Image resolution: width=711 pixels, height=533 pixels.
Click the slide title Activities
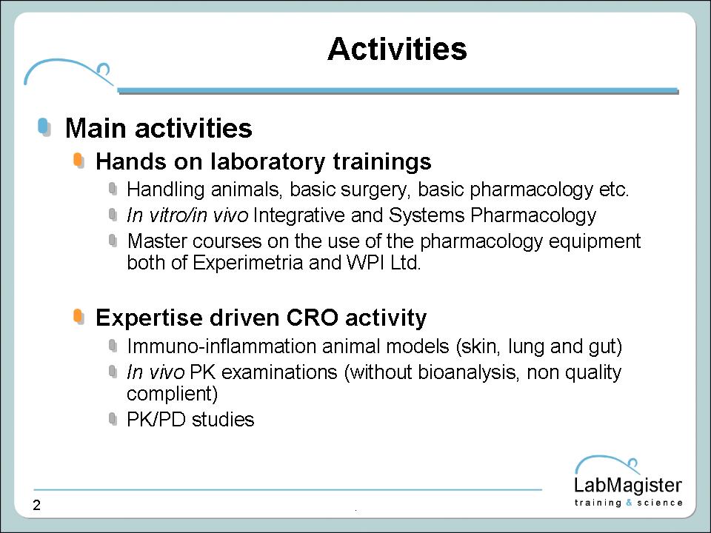click(397, 49)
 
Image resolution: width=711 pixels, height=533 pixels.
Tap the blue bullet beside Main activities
click(44, 127)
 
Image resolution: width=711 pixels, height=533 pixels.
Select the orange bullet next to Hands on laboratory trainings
click(79, 161)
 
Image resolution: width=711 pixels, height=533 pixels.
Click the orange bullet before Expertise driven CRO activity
click(79, 316)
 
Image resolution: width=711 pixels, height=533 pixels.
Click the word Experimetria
click(247, 262)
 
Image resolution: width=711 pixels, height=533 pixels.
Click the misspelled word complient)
click(173, 394)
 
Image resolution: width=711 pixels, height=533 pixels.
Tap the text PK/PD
click(156, 419)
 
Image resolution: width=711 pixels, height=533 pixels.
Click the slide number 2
click(37, 505)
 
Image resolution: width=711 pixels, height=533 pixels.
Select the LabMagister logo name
click(628, 485)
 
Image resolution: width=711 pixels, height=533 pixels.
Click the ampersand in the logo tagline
click(629, 503)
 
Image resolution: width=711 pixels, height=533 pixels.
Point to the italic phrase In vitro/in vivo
click(187, 215)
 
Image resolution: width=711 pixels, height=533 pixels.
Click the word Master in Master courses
click(157, 241)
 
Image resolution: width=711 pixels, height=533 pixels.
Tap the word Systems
click(427, 215)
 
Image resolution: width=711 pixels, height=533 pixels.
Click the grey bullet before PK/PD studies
click(113, 419)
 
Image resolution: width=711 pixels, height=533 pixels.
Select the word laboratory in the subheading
click(267, 162)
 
